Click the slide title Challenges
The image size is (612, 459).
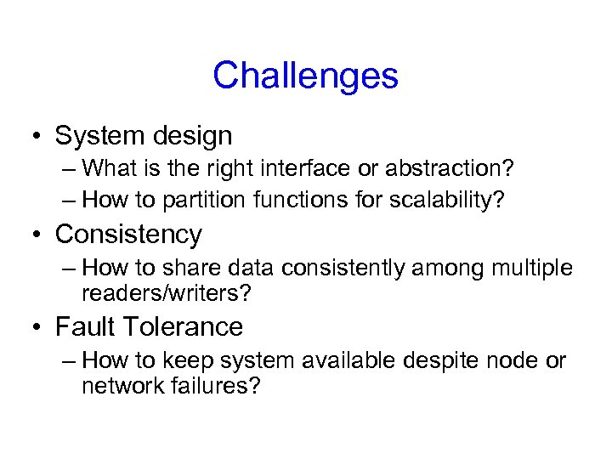[x=305, y=76]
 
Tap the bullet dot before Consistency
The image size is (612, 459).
[x=38, y=234]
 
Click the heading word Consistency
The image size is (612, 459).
[x=128, y=234]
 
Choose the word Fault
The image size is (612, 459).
[x=86, y=326]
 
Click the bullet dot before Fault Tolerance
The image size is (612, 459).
[x=38, y=327]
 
